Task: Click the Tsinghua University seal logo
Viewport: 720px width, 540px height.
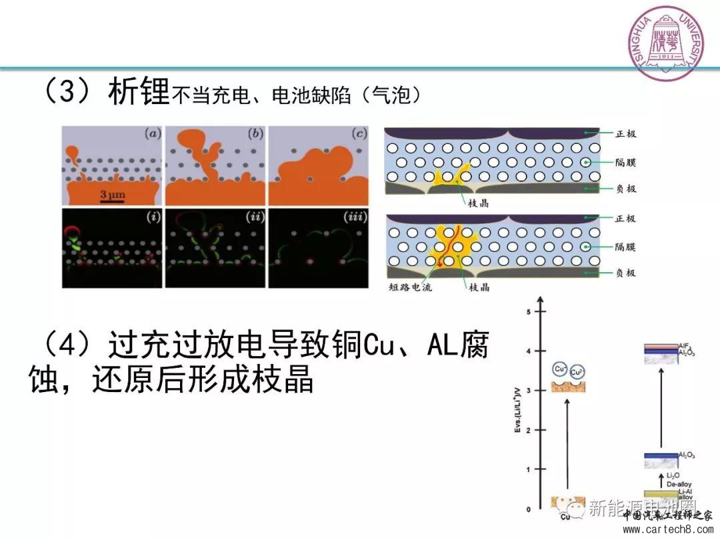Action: click(666, 42)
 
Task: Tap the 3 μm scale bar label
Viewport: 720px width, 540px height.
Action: click(113, 195)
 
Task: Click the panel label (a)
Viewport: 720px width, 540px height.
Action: click(153, 133)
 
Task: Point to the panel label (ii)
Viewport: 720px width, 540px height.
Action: click(254, 217)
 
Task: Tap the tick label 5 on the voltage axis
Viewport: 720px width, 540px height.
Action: click(528, 312)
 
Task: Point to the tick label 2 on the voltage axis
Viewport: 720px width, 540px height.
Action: click(528, 431)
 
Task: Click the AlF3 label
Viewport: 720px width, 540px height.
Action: click(684, 346)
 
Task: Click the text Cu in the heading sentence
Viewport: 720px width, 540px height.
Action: click(381, 346)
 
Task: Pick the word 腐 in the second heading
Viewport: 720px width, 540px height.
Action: click(473, 346)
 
